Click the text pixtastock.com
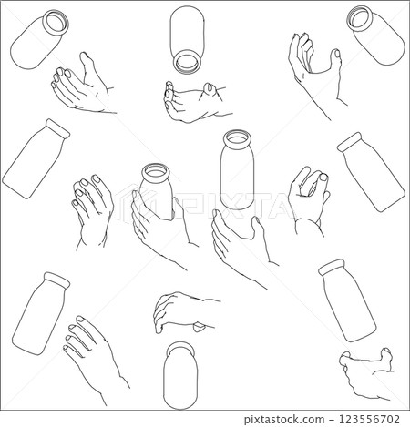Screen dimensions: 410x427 click(284, 420)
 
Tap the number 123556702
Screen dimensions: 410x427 click(369, 419)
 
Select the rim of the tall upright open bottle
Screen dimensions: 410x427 click(237, 139)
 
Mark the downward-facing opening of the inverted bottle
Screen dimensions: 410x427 click(187, 63)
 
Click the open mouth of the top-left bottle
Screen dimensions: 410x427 click(56, 21)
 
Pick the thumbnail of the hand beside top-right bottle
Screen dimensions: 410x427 click(337, 54)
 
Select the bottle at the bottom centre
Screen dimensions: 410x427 click(180, 375)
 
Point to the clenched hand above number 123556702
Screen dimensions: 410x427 click(367, 373)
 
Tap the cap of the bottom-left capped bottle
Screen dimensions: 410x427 click(57, 280)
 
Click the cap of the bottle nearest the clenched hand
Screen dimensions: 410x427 click(332, 266)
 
